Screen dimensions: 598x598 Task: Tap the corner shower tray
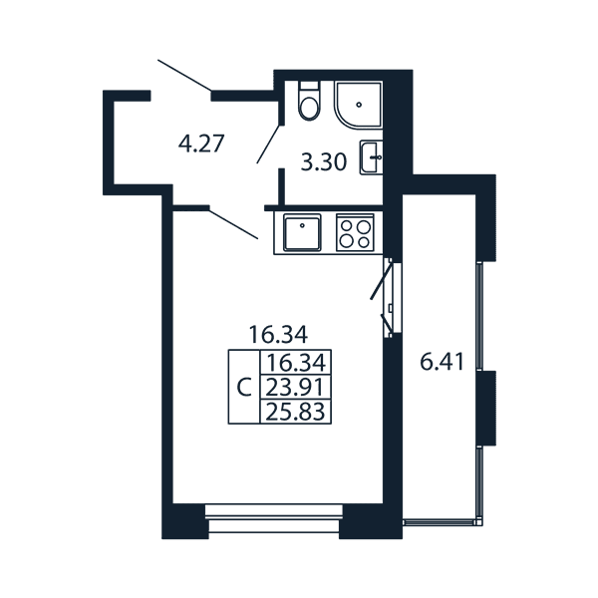[359, 104]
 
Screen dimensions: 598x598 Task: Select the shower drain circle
[359, 105]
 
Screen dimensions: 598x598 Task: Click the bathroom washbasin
[371, 157]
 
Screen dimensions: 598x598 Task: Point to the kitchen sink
[302, 232]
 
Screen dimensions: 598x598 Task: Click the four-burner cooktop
[355, 232]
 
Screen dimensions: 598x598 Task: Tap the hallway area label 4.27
[200, 144]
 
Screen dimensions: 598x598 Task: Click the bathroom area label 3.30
[324, 162]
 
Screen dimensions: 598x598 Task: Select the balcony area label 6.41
[442, 362]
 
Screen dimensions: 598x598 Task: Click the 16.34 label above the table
[278, 335]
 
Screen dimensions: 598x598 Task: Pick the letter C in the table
[244, 388]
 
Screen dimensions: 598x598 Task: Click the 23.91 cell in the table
[296, 388]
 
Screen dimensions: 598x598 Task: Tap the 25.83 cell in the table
[296, 412]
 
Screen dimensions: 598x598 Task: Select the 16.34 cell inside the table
[296, 363]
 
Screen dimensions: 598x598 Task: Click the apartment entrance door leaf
[185, 76]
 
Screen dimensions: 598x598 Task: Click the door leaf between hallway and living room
[234, 223]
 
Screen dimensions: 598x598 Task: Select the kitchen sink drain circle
[302, 225]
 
